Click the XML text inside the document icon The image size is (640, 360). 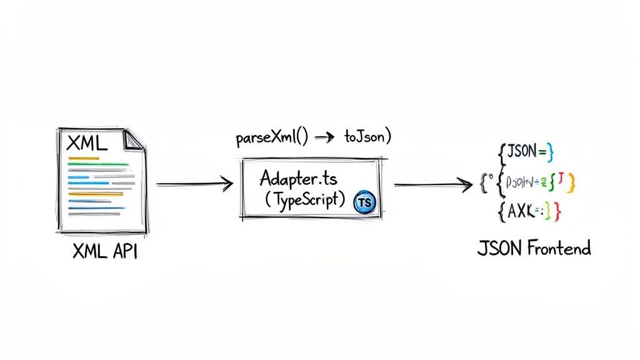86,144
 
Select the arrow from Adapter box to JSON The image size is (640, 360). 432,184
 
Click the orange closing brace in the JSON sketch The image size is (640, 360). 571,182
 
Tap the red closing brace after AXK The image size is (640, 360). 558,213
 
